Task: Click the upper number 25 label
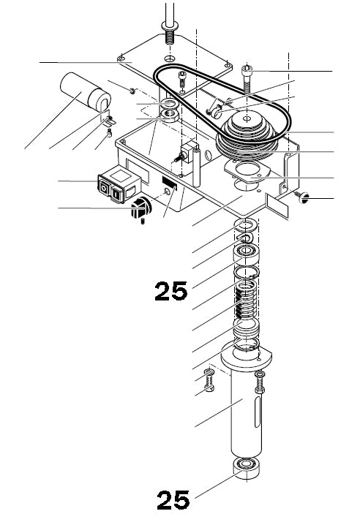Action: (x=171, y=291)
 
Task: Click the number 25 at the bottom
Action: (x=173, y=500)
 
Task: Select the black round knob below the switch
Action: (x=140, y=210)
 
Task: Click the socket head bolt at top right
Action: (x=248, y=75)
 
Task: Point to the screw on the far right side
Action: (x=301, y=196)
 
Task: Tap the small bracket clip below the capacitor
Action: (x=107, y=119)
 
